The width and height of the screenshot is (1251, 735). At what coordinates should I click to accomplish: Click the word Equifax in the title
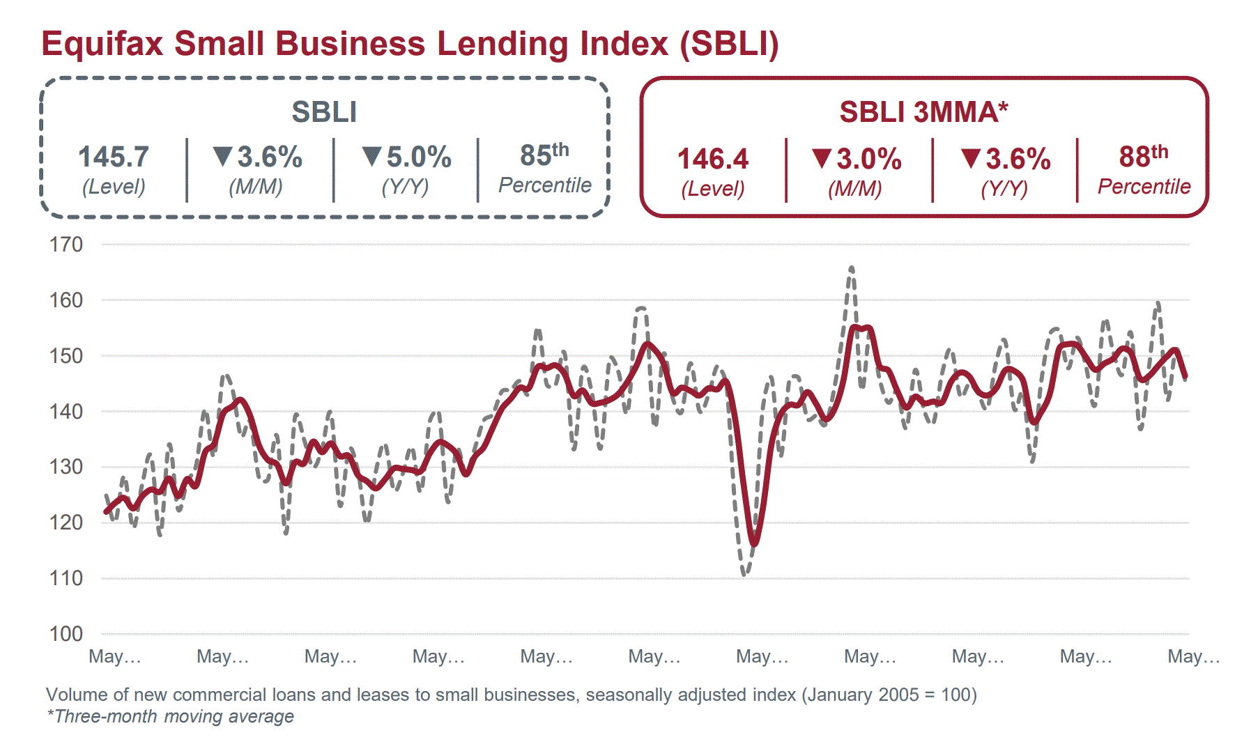102,44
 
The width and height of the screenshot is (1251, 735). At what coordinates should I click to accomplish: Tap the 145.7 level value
113,157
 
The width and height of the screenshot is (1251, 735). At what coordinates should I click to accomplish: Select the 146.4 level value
712,160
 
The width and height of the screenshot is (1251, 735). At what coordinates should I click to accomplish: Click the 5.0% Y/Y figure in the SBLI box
418,157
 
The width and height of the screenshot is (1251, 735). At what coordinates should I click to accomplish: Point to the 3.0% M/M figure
868,160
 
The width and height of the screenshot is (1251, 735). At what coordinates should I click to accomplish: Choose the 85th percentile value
544,155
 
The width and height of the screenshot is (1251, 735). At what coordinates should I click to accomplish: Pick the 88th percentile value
1143,157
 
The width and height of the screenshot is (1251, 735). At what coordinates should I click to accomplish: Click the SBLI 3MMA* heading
923,112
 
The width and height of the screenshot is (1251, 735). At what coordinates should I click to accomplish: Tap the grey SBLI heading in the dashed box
324,112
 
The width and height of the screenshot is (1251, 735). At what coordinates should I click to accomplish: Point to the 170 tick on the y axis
66,245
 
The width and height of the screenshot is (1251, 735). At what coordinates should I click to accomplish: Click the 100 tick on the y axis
66,634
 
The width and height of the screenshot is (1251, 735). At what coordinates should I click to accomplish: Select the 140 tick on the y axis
66,411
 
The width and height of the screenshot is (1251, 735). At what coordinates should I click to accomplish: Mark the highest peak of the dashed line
851,268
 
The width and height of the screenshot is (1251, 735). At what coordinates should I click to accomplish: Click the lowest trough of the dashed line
745,575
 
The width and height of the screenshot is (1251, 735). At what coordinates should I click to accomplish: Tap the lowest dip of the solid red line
754,543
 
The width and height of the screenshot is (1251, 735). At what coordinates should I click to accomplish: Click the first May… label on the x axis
115,656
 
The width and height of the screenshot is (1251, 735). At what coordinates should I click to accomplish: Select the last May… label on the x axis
1193,656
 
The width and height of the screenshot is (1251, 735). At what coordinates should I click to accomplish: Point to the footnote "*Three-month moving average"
170,716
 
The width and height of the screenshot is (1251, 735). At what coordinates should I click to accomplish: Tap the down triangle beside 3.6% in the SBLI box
222,156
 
